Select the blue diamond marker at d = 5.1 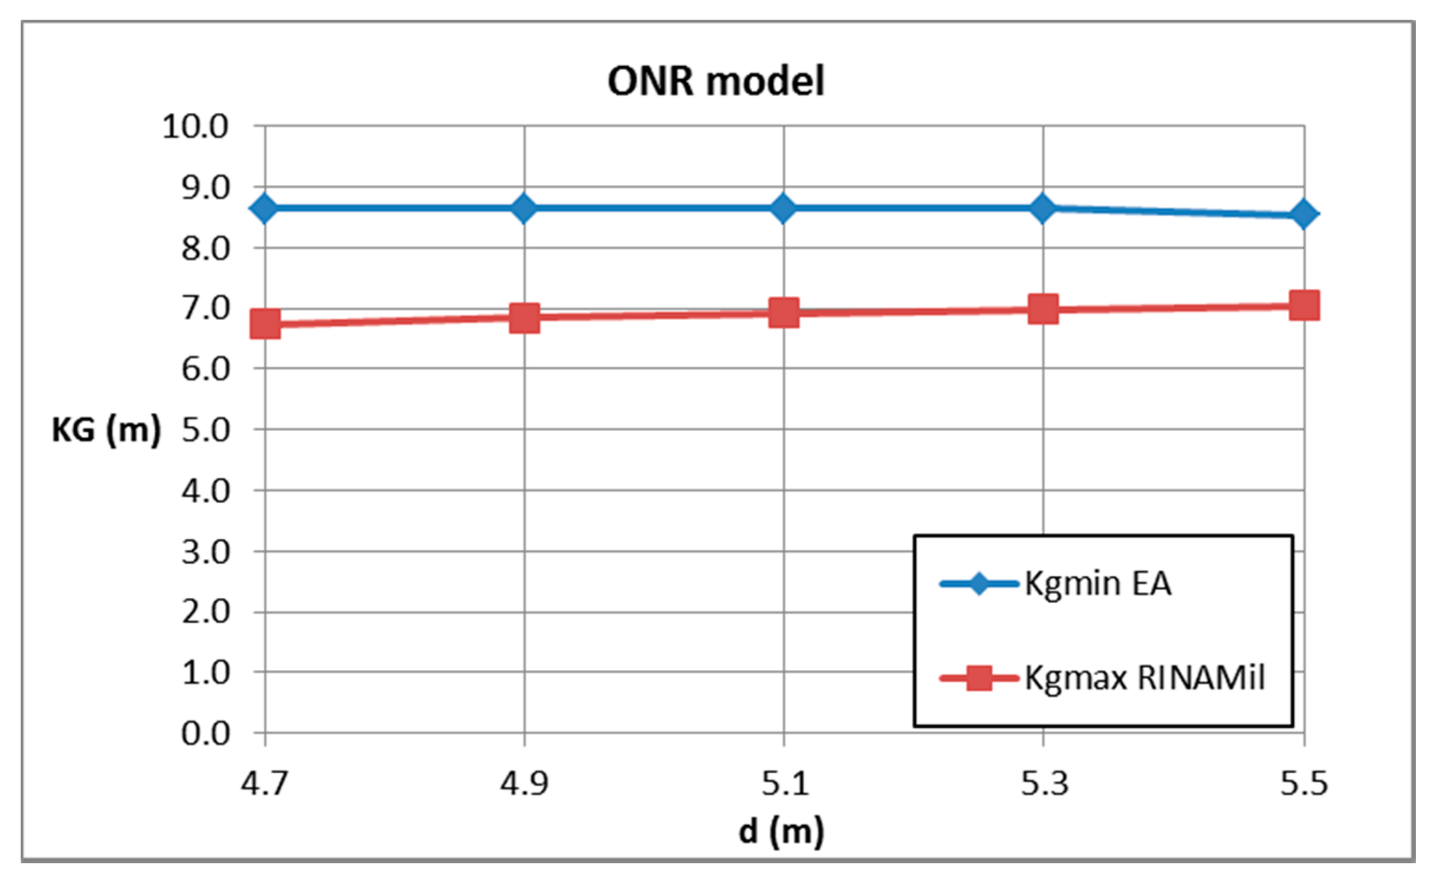pos(784,208)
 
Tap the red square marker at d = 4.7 pos(265,324)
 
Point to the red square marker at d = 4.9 pos(524,319)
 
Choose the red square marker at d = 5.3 pos(1043,309)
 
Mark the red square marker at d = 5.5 pos(1304,305)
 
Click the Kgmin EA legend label pos(1098,584)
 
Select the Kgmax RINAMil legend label pos(1144,678)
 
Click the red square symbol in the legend pos(979,678)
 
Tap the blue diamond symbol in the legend pos(979,584)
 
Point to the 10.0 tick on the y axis pos(195,126)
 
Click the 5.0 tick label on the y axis pos(205,430)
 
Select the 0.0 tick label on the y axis pos(205,734)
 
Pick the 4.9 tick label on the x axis pos(524,784)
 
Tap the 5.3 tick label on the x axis pos(1044,784)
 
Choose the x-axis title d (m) pos(781,831)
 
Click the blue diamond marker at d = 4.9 pos(524,208)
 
